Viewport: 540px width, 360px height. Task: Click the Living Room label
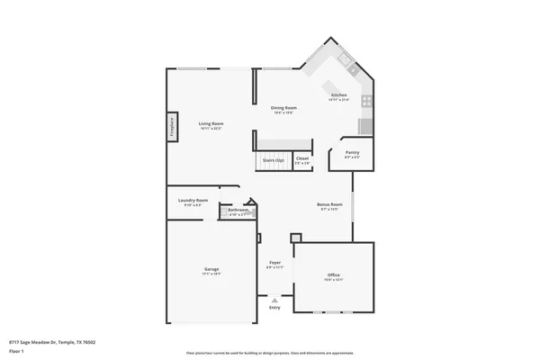tap(211, 123)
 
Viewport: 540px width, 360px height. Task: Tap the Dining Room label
tap(284, 107)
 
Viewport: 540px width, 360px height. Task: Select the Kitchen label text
tap(338, 95)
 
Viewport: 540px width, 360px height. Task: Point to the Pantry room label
tap(353, 153)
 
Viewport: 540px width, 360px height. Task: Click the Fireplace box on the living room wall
tap(170, 127)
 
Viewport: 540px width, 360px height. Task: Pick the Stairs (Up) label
tap(273, 160)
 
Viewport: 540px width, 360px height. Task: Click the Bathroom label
tap(238, 211)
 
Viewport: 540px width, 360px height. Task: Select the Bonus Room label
tap(329, 205)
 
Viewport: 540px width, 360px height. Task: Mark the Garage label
tap(211, 268)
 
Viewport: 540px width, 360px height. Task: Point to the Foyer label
tap(274, 263)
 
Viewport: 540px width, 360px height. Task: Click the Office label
tap(333, 274)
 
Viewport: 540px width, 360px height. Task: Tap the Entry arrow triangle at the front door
tap(274, 301)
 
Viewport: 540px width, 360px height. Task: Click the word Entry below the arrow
tap(274, 309)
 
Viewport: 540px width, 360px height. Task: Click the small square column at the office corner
tap(295, 238)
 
